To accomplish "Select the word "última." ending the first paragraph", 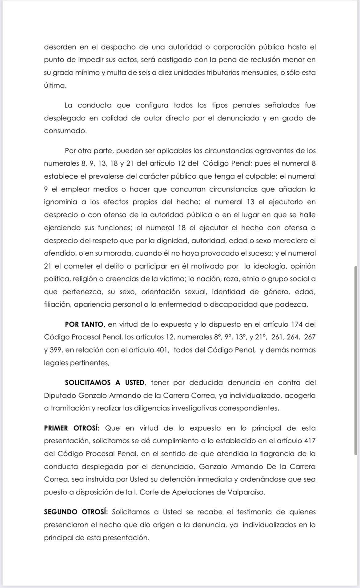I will click(x=55, y=86).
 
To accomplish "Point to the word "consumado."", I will click(x=65, y=131).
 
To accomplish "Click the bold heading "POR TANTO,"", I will click(x=85, y=324).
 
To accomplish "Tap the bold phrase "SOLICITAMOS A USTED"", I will click(x=105, y=383).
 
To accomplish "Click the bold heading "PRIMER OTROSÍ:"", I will click(x=72, y=428).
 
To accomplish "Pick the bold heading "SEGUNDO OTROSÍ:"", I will click(x=76, y=512).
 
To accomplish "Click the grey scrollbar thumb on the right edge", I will click(x=356, y=360).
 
